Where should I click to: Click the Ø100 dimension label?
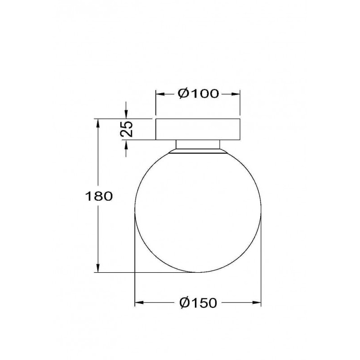coord(198,94)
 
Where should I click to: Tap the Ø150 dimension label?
coord(198,302)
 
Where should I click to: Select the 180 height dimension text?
coord(99,196)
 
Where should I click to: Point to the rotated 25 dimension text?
coord(127,129)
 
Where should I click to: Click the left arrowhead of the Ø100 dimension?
coord(161,94)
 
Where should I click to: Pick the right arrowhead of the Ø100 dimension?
coord(235,94)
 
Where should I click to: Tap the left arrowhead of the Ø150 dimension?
coord(139,302)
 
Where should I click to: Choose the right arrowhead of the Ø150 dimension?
coord(256,302)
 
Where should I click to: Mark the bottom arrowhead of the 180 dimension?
coord(98,268)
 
